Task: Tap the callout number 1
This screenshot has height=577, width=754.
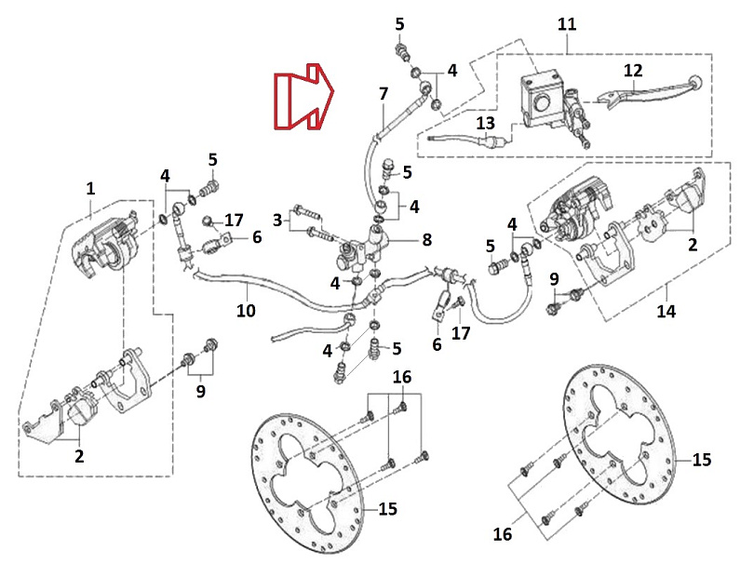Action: [x=90, y=189]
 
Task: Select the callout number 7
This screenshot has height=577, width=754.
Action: [x=383, y=94]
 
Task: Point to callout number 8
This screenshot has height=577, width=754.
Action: [x=426, y=240]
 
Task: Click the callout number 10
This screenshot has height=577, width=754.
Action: [x=246, y=311]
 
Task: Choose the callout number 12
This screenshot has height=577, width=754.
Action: [x=633, y=71]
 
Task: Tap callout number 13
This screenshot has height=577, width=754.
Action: [x=486, y=125]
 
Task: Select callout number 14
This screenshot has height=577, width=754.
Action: [x=666, y=312]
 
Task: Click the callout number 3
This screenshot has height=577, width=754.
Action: [x=276, y=220]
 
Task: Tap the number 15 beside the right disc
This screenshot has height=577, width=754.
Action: [x=701, y=461]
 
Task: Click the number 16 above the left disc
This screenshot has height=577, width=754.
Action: [x=401, y=377]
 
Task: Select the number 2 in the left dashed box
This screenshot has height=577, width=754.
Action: [x=79, y=457]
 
